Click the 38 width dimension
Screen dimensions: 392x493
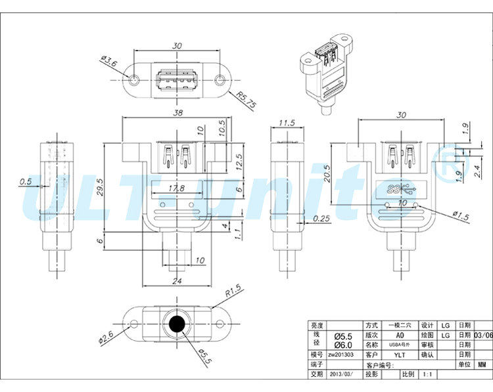click(176, 112)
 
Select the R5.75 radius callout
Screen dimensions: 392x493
click(246, 100)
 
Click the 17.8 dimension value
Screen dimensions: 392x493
click(176, 188)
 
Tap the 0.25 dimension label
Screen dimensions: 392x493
click(322, 218)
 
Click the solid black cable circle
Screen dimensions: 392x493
click(177, 325)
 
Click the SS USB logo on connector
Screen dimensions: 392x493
click(399, 190)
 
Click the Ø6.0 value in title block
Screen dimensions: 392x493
click(343, 345)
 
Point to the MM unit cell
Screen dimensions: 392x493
click(482, 364)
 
